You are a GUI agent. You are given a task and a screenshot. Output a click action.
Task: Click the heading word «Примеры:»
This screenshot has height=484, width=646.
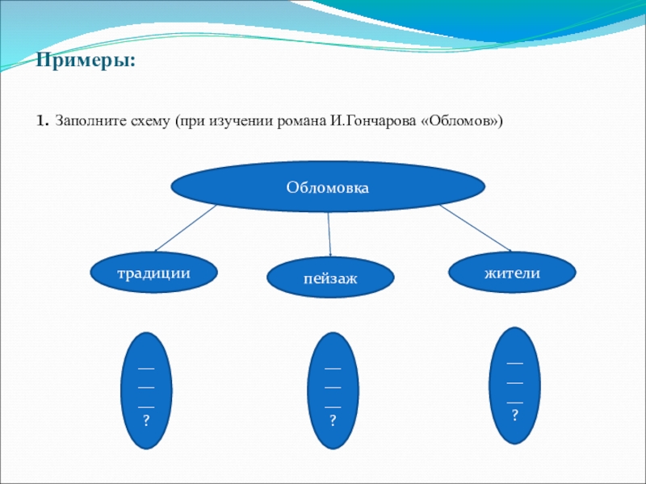(85, 61)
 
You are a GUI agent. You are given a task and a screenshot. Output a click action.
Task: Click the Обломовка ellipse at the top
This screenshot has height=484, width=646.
(327, 187)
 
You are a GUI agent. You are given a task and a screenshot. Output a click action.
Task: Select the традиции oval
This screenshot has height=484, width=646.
(154, 273)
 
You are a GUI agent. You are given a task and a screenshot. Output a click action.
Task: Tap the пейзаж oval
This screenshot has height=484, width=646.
(331, 278)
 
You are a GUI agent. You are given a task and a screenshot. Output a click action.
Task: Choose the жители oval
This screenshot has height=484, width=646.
(512, 273)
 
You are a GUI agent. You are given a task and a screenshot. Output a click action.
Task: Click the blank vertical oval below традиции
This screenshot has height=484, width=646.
(146, 390)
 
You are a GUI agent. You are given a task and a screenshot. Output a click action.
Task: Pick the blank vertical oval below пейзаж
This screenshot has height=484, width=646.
(332, 391)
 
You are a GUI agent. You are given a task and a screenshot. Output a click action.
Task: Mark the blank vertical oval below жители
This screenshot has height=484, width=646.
(514, 386)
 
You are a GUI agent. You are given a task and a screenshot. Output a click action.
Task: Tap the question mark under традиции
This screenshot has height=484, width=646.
(146, 421)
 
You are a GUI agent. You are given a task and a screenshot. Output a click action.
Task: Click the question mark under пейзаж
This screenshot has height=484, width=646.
(332, 421)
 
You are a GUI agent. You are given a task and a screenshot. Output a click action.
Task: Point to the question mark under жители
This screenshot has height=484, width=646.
(514, 416)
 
